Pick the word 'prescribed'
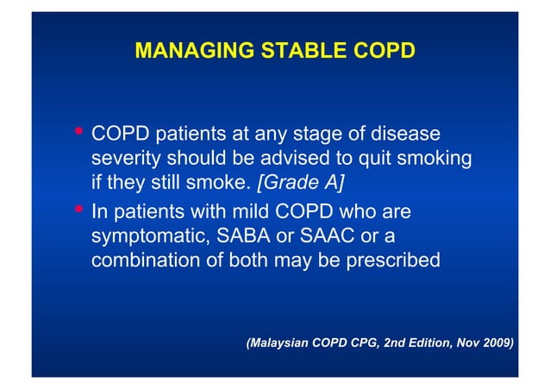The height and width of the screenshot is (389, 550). pos(393,259)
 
